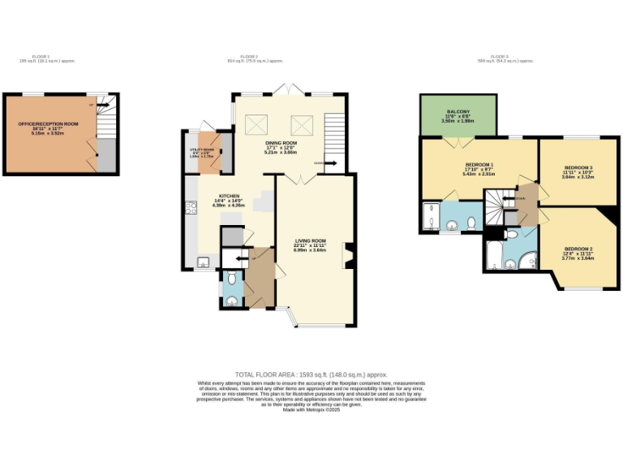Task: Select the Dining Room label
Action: pos(281,146)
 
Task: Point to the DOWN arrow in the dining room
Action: pos(331,162)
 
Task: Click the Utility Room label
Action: pos(201,152)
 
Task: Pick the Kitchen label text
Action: pos(229,200)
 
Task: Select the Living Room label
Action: pos(310,244)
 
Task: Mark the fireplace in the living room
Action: pos(349,255)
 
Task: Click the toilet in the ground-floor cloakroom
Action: pos(232,279)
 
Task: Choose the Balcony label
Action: pos(458,115)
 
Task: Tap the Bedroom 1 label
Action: pos(479,167)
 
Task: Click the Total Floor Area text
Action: pos(311,375)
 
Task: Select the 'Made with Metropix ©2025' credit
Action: pos(311,409)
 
